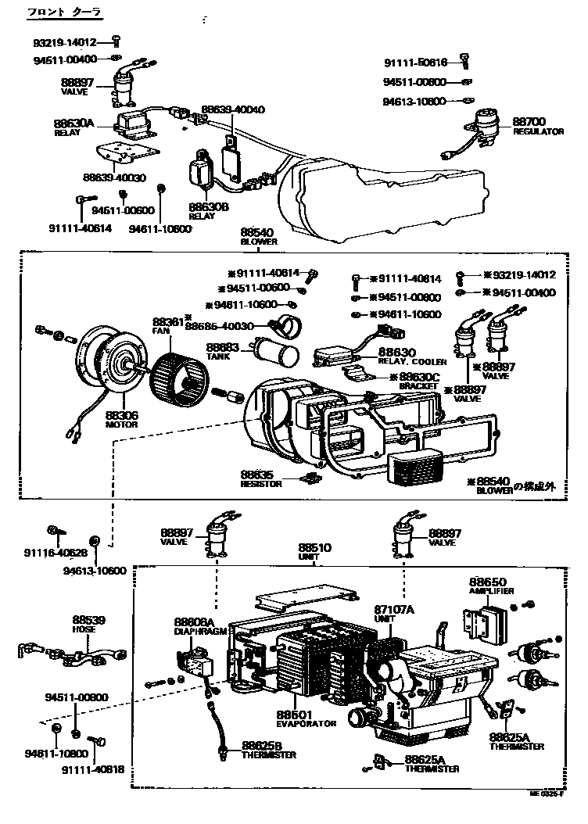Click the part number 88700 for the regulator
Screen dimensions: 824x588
click(x=529, y=122)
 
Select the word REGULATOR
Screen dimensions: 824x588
click(x=538, y=132)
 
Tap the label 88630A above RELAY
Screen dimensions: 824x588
click(x=73, y=124)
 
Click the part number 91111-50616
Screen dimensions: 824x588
click(x=415, y=63)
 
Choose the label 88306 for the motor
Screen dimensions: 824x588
click(x=121, y=416)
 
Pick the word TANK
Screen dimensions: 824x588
click(x=217, y=356)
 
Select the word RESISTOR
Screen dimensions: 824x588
click(x=256, y=484)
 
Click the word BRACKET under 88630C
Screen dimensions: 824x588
click(x=418, y=386)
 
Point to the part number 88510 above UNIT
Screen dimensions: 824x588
click(x=316, y=548)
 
